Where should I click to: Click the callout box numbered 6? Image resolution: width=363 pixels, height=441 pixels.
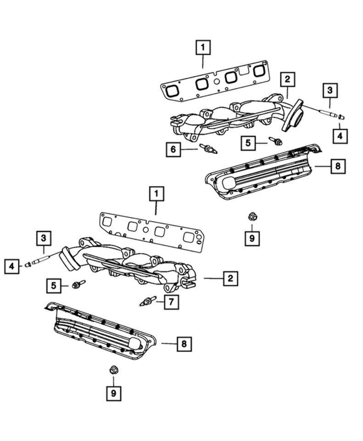[x=173, y=149]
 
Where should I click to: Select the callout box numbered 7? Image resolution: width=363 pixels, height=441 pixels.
[x=171, y=302]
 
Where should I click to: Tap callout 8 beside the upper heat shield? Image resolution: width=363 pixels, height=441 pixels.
[x=337, y=166]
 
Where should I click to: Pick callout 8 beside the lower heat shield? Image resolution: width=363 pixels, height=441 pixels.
[x=184, y=343]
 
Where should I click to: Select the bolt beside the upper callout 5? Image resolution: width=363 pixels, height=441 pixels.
[x=275, y=141]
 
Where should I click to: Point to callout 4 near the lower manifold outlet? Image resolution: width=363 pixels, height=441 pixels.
[x=12, y=266]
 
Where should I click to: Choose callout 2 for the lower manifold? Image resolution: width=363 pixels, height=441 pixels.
[x=230, y=278]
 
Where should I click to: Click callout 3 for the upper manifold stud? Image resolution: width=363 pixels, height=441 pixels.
[x=329, y=90]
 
